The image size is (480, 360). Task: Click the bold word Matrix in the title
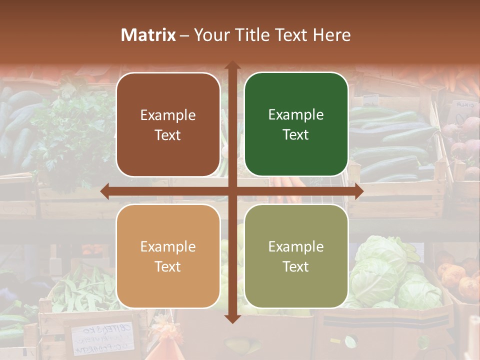[148, 35]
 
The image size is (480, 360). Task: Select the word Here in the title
[332, 35]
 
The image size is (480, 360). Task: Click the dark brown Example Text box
[168, 124]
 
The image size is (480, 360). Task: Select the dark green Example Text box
[296, 124]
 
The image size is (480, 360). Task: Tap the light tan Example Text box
[168, 256]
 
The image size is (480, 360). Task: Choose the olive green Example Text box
[296, 256]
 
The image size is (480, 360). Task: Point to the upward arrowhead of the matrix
[232, 65]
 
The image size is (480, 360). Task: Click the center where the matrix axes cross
[232, 191]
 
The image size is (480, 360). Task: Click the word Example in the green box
[296, 115]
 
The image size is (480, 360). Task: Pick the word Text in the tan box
[168, 266]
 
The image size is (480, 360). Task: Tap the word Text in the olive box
[296, 266]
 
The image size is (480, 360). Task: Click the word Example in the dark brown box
[168, 115]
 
